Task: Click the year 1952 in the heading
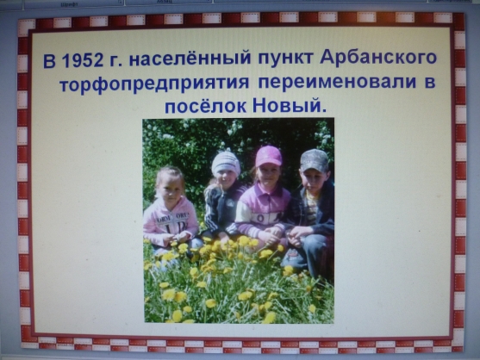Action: (83, 61)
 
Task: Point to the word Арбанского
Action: (378, 58)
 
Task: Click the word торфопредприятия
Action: (154, 84)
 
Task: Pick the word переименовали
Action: (337, 82)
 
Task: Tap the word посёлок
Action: (205, 106)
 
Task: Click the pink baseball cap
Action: (268, 156)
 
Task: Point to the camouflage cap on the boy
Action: (314, 160)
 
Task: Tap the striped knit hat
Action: (226, 163)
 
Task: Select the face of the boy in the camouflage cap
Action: (314, 183)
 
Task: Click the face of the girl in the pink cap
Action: (269, 176)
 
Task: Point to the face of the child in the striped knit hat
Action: (225, 179)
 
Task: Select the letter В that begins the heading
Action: (49, 61)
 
